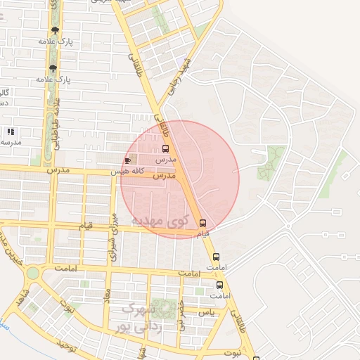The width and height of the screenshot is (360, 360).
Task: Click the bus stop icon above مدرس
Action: (165, 148)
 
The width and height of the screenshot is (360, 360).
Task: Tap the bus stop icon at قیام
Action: (202, 223)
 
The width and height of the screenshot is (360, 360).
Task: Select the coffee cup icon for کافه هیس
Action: (128, 160)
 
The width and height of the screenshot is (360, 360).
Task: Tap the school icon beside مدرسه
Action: (11, 131)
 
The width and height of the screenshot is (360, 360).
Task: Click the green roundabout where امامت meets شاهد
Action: (32, 272)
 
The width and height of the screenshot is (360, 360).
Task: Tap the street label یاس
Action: (205, 310)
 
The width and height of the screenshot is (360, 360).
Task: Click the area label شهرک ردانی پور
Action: (139, 318)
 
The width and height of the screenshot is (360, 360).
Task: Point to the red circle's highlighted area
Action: (180, 179)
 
